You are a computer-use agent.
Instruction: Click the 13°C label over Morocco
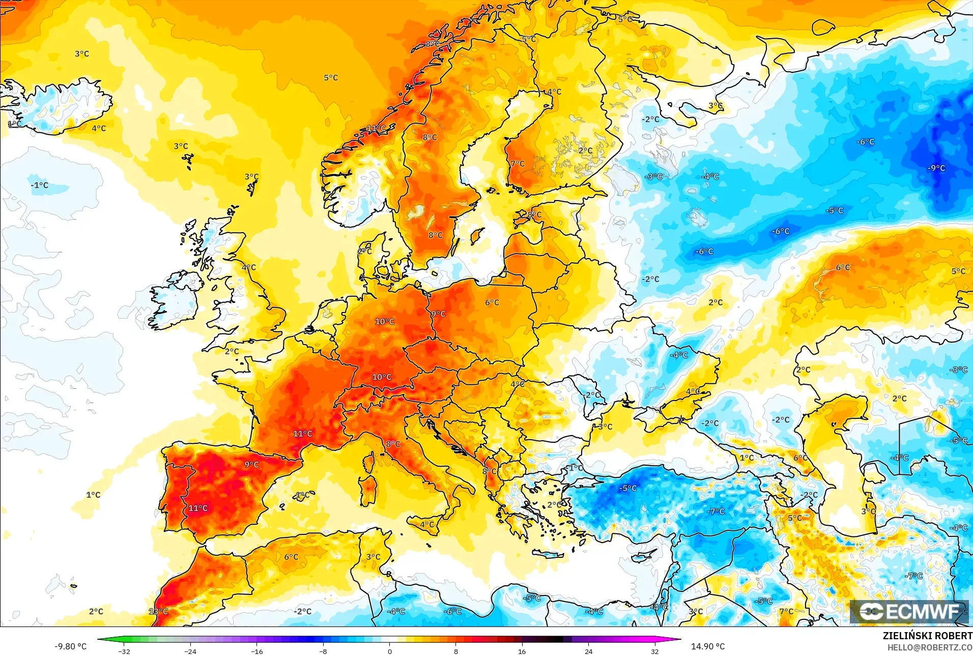(158, 611)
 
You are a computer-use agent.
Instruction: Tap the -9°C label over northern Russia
(936, 168)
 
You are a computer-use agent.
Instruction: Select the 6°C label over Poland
(492, 302)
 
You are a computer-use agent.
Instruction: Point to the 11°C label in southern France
(303, 434)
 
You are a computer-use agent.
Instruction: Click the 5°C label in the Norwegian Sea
(331, 78)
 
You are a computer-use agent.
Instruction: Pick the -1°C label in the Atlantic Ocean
(39, 185)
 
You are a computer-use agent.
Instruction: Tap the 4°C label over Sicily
(427, 525)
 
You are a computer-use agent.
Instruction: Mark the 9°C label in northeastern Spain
(251, 465)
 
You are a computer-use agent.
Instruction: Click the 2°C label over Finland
(585, 151)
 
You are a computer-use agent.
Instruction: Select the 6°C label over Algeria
(291, 557)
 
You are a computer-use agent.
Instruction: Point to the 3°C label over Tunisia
(373, 557)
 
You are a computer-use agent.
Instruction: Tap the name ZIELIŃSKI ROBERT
(927, 636)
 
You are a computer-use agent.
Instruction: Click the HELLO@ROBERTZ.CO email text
(930, 647)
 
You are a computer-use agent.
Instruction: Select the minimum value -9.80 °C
(71, 646)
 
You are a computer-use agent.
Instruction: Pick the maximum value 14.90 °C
(707, 646)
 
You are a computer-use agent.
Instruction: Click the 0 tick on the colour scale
(389, 651)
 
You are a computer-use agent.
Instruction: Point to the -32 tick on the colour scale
(124, 651)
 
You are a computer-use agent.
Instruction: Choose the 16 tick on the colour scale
(522, 651)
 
